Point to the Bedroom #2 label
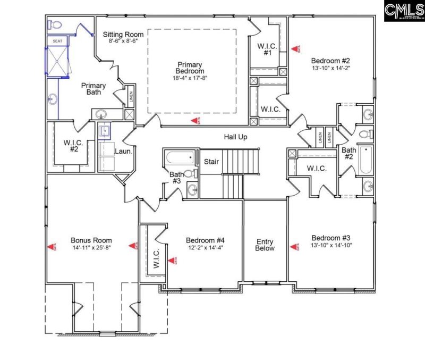tap(329, 60)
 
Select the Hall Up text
tap(236, 137)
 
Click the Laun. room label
tap(123, 151)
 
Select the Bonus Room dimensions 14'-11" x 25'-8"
tap(91, 247)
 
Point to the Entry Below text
tap(265, 244)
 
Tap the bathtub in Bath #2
tap(366, 161)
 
